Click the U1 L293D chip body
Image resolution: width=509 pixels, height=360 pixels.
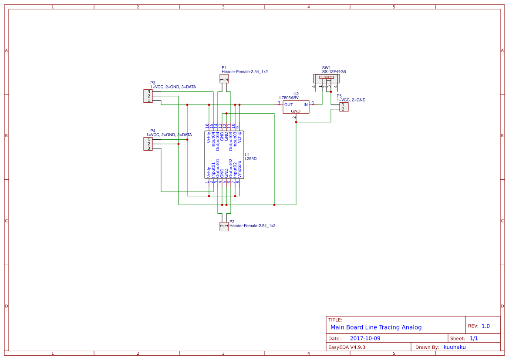pyautogui.click(x=224, y=155)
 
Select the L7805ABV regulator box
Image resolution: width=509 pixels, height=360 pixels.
pyautogui.click(x=296, y=107)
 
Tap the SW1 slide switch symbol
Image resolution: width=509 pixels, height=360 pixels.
pyautogui.click(x=327, y=79)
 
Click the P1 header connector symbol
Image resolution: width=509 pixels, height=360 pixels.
pyautogui.click(x=224, y=78)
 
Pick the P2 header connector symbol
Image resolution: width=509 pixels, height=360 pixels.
pyautogui.click(x=224, y=226)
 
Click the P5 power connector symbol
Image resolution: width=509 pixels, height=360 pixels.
pyautogui.click(x=344, y=107)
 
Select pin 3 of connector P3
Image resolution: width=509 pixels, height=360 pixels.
pyautogui.click(x=148, y=92)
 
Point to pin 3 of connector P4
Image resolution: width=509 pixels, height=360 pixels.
pyautogui.click(x=148, y=148)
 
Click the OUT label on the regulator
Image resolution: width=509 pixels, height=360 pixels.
pyautogui.click(x=289, y=105)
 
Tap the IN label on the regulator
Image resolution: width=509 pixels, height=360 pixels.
pyautogui.click(x=306, y=105)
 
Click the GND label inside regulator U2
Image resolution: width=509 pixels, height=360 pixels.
pyautogui.click(x=296, y=111)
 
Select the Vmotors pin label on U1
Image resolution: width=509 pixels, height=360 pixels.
pyautogui.click(x=239, y=168)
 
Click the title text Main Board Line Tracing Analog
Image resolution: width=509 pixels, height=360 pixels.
pyautogui.click(x=376, y=327)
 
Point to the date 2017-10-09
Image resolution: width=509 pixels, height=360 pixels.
pyautogui.click(x=365, y=338)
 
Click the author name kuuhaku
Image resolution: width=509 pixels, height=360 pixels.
pyautogui.click(x=455, y=347)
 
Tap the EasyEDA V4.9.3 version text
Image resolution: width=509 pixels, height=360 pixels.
pyautogui.click(x=347, y=347)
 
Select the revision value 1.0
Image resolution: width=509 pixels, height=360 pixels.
pyautogui.click(x=485, y=326)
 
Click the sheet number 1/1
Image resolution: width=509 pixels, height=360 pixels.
pyautogui.click(x=474, y=338)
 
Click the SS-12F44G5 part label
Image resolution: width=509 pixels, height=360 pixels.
pyautogui.click(x=334, y=72)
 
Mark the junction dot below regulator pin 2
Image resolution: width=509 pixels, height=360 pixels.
pyautogui.click(x=296, y=122)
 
